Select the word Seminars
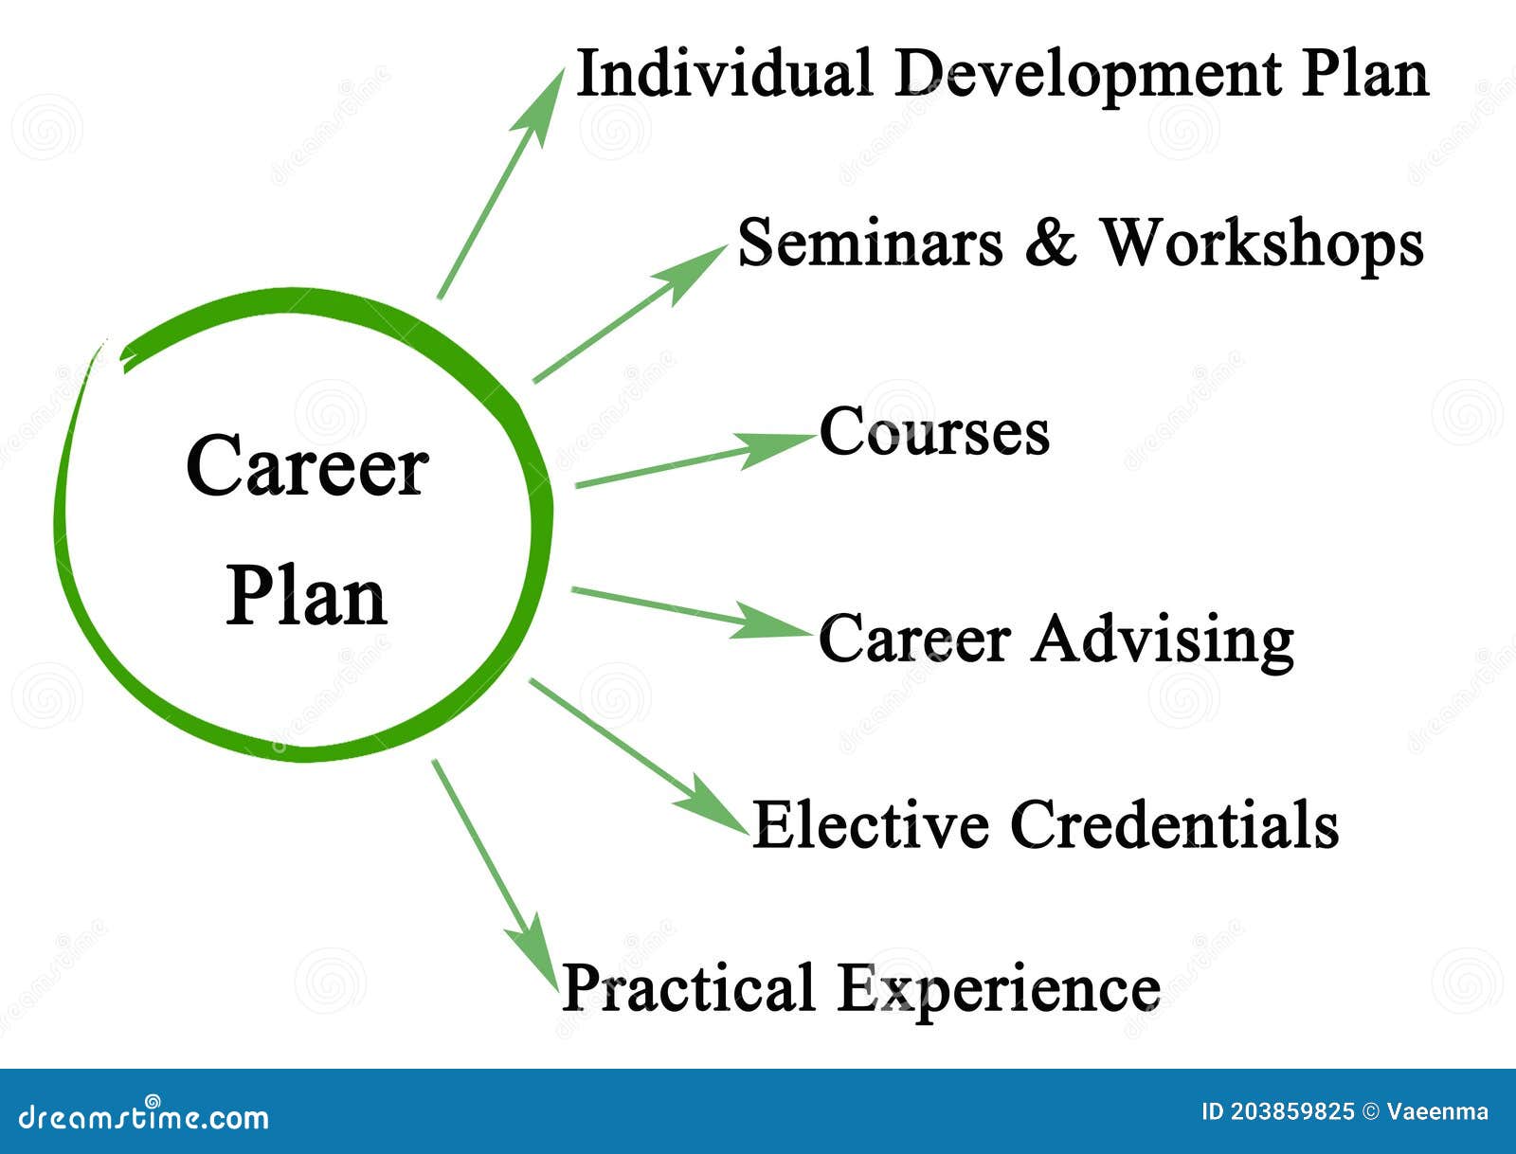point(869,243)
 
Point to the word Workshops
point(1261,244)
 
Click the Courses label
point(934,433)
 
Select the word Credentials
point(1174,823)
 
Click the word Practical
point(688,987)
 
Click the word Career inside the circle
point(307,466)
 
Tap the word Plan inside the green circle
point(306,597)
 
